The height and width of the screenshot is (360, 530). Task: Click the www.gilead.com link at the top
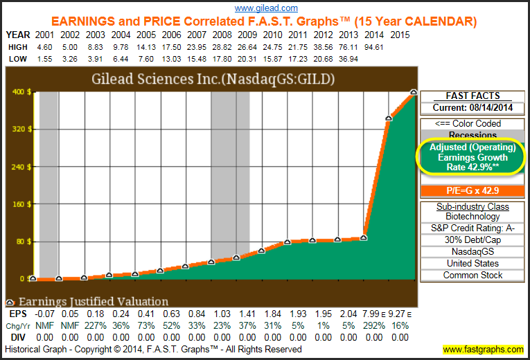[266, 8]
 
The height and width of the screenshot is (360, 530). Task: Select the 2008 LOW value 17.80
[222, 59]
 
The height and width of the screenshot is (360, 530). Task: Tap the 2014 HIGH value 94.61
[374, 46]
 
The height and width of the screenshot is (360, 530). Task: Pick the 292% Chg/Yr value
[365, 326]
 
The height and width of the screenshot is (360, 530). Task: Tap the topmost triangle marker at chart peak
[414, 92]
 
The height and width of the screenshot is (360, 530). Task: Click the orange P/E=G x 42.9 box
[473, 190]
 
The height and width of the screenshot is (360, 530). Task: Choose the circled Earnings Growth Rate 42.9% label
[473, 157]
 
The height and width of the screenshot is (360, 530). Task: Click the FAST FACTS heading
[473, 96]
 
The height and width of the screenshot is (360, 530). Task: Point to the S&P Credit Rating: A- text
[473, 228]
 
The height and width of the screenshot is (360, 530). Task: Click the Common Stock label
[473, 275]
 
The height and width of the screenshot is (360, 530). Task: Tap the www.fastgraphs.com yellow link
[483, 350]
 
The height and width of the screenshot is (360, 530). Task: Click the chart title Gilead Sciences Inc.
[213, 78]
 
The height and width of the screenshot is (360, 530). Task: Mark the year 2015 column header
[400, 34]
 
